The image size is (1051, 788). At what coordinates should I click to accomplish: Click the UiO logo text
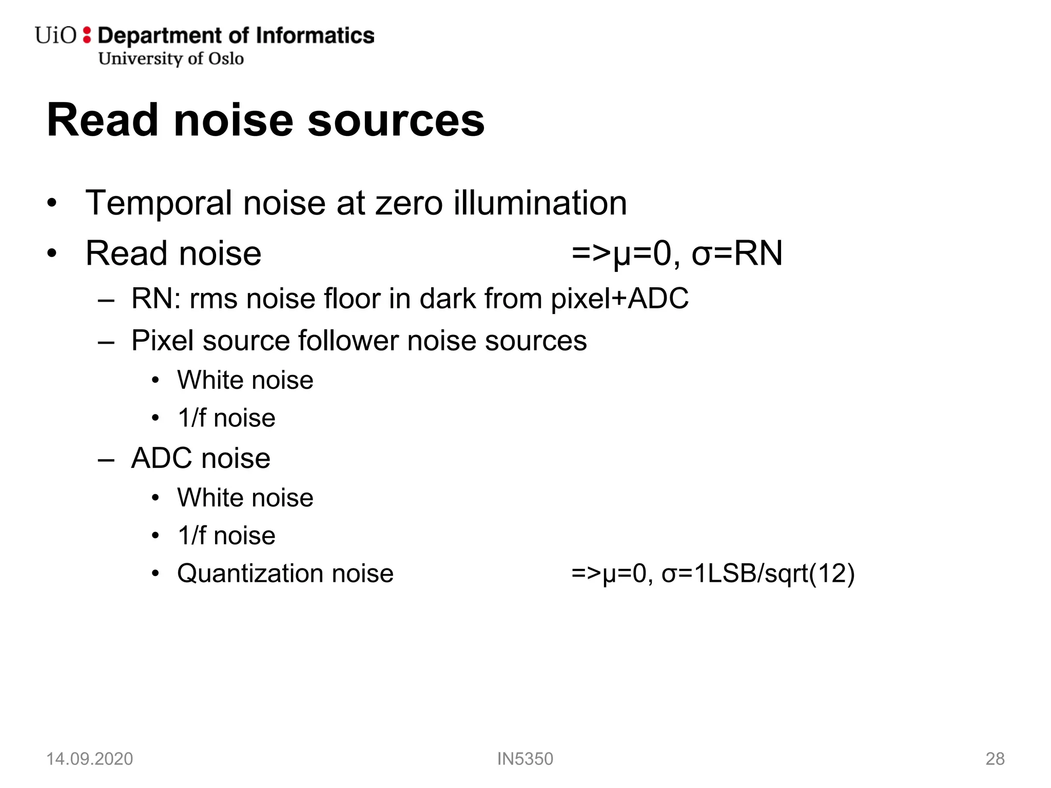coord(55,35)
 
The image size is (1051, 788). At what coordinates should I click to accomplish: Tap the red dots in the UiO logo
coord(87,35)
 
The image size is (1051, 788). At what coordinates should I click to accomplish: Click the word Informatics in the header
coord(315,35)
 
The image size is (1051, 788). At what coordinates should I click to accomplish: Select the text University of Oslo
coord(171,58)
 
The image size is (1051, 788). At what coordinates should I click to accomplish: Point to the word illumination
coord(540,203)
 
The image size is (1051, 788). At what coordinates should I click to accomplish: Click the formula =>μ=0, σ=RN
coord(677,253)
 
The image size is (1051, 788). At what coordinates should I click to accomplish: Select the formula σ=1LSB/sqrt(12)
coord(758,573)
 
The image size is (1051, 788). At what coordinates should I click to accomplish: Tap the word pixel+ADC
coord(619,299)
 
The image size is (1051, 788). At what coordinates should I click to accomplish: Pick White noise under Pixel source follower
coord(245,380)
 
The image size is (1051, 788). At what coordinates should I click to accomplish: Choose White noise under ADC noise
coord(245,498)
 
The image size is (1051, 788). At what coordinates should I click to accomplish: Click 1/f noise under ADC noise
coord(226,536)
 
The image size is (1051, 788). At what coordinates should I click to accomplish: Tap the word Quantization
coord(250,574)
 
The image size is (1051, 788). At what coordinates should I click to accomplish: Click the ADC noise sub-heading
coord(201,458)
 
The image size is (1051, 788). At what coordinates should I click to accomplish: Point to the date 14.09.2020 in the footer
coord(90,759)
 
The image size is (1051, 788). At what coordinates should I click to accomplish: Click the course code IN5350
coord(525,759)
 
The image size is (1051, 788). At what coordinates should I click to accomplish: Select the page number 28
coord(995,759)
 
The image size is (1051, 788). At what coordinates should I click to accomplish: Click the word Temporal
coord(159,203)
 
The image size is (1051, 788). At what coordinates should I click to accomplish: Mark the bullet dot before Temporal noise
coord(51,204)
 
